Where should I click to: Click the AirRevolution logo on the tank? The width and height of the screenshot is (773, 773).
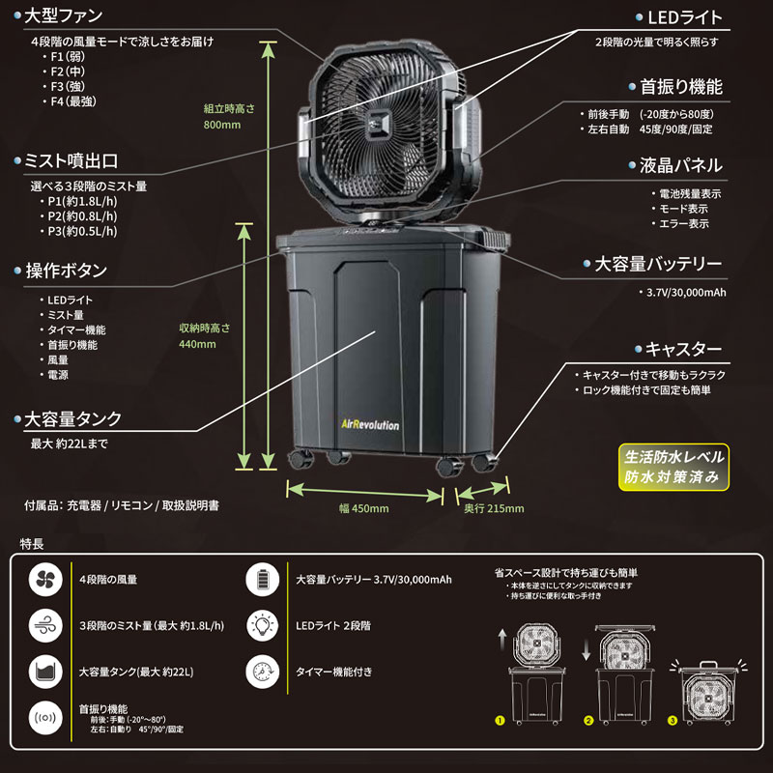click(370, 424)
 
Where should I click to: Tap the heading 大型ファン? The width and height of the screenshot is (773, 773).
click(63, 15)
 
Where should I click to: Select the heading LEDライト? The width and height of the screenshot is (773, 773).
click(684, 17)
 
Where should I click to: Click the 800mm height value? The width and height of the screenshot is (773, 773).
click(222, 125)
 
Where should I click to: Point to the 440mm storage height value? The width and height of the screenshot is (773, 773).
click(197, 344)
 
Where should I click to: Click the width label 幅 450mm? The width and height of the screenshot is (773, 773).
click(364, 508)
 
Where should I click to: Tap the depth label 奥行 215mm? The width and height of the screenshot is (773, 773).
click(494, 508)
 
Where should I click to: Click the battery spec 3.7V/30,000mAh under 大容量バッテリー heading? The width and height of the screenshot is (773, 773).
click(686, 293)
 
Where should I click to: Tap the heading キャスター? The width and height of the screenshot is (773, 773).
click(683, 349)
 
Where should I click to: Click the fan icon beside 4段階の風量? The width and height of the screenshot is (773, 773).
click(45, 579)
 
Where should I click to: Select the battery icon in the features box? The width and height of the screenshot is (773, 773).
click(262, 579)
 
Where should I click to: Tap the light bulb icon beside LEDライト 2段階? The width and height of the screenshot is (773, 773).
click(262, 625)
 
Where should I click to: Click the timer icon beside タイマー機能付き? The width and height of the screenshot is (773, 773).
click(262, 672)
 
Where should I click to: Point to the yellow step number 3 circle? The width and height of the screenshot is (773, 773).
click(673, 721)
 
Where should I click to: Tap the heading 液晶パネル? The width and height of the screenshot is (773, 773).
click(681, 165)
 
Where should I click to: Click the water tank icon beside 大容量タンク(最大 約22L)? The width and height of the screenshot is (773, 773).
click(45, 672)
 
